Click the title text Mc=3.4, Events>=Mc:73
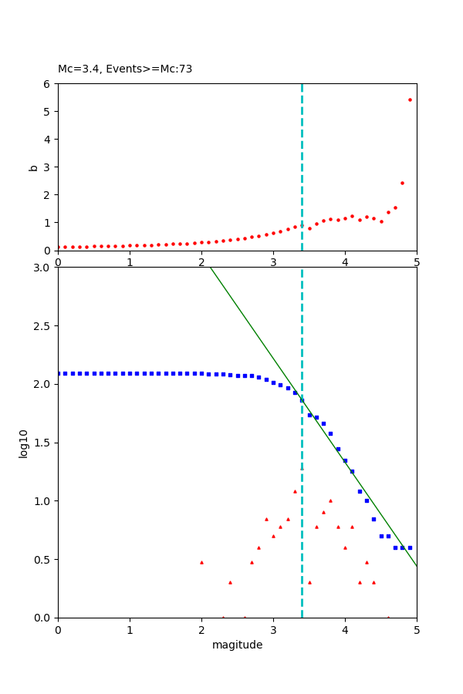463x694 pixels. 125,69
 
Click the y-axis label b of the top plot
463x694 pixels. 33,167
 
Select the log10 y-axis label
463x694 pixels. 24,443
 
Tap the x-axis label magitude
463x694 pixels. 237,645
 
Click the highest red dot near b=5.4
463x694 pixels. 410,99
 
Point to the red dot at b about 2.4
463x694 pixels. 402,183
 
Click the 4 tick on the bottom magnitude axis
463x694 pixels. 345,629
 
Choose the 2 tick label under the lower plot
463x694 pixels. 201,629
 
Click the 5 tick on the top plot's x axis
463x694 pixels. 417,261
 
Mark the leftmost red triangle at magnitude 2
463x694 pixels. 201,562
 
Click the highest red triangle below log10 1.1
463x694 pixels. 295,491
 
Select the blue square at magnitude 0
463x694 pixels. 59,373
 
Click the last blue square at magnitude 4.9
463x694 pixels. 410,547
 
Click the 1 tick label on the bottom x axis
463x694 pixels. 130,629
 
